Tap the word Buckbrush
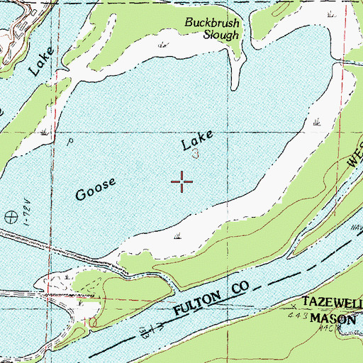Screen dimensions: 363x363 point(212,23)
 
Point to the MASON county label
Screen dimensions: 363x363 point(335,319)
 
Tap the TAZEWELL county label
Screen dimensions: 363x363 point(333,301)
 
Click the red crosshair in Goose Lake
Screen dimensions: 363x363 point(183,181)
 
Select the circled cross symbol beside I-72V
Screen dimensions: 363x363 point(11,218)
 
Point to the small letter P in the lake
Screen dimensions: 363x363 point(70,141)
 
